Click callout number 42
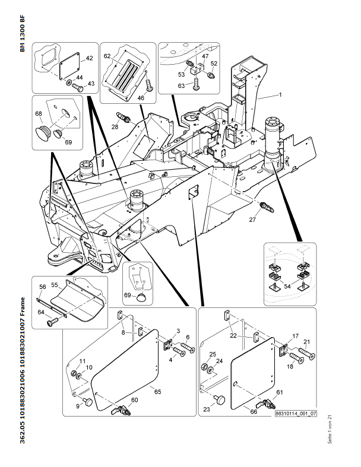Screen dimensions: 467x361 coord(90,58)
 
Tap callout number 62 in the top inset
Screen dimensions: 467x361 coord(107,56)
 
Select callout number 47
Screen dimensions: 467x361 coord(205,56)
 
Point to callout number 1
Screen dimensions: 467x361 coord(280,95)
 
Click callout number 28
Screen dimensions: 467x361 coord(115,126)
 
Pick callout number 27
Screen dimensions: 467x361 coord(252,220)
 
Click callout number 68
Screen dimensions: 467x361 coord(39,113)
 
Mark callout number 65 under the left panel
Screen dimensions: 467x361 coord(157,391)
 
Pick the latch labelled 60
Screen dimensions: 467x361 coord(123,409)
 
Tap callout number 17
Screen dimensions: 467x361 coord(294,336)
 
